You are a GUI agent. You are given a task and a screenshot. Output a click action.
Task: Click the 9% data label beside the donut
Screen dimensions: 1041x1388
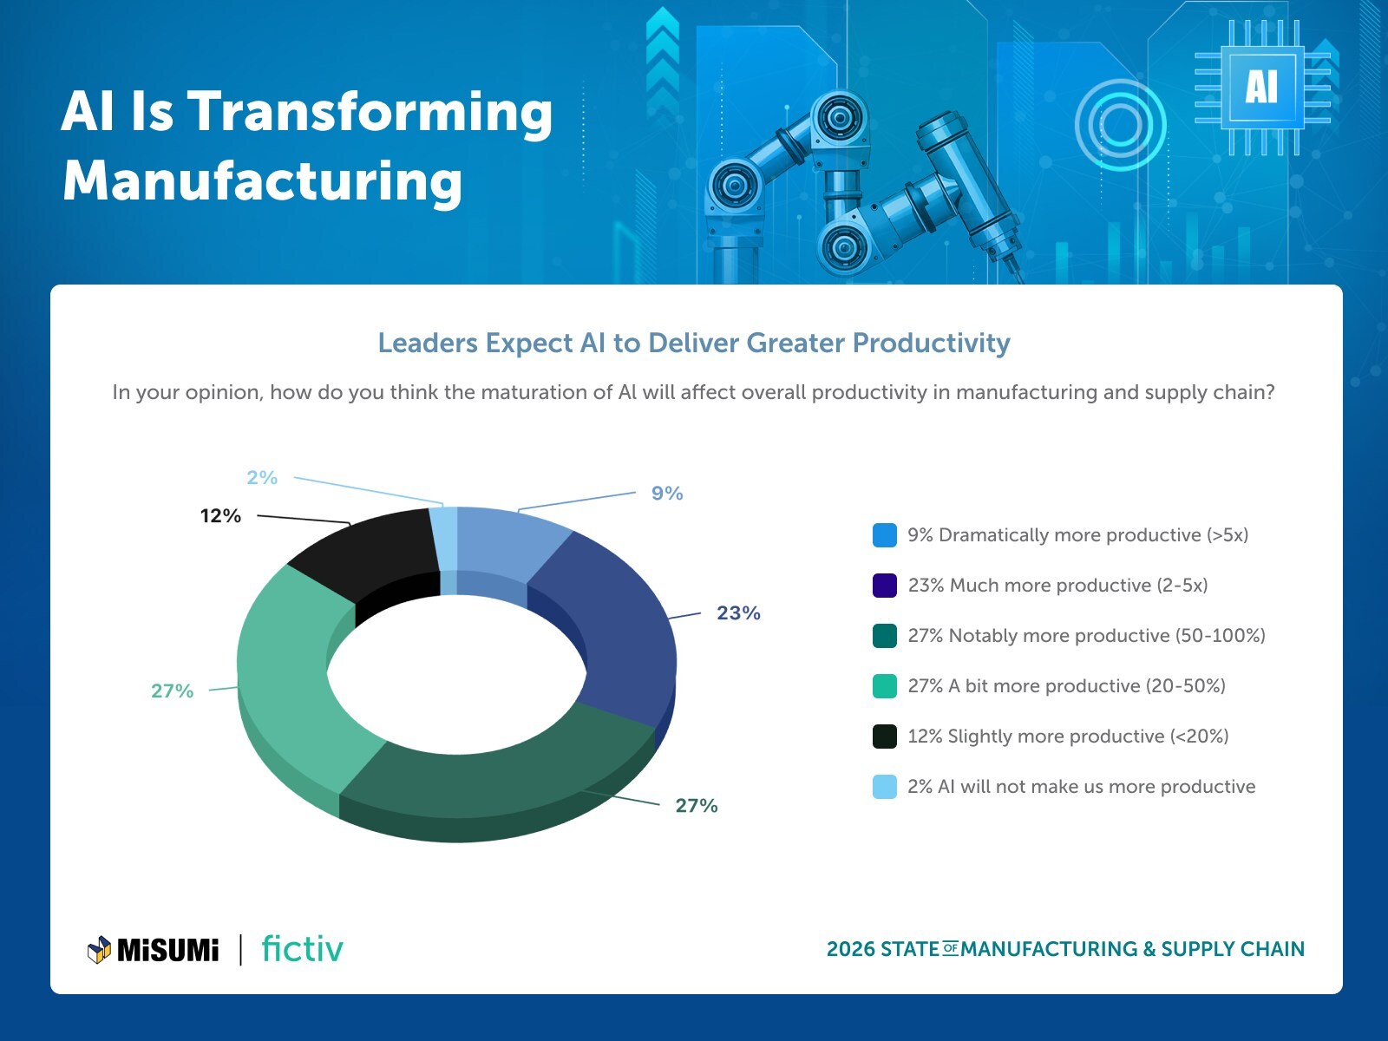click(667, 494)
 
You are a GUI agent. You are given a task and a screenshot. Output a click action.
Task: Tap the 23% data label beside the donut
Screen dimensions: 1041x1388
click(738, 613)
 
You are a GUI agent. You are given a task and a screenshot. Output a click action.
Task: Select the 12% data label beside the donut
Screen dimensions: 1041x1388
click(220, 516)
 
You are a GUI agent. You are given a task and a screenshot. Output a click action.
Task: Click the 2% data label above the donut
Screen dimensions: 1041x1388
click(261, 478)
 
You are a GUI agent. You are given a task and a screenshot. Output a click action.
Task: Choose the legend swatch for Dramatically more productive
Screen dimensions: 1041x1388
click(884, 535)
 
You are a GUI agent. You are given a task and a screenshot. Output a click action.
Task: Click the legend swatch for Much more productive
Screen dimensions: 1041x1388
click(884, 586)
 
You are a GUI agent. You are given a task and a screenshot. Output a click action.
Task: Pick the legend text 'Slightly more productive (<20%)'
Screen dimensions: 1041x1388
click(1088, 737)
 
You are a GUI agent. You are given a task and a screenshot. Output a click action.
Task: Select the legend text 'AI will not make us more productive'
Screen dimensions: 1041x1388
click(1097, 787)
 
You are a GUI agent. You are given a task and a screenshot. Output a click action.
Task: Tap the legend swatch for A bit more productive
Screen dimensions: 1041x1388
click(884, 686)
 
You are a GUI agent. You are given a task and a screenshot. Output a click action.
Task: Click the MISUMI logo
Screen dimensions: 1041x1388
click(154, 950)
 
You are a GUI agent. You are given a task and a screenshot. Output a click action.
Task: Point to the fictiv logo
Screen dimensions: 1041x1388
click(302, 949)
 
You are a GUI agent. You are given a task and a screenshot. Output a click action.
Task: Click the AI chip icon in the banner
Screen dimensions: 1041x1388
click(1262, 88)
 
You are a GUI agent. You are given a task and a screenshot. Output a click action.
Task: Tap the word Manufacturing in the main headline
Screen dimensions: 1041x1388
click(262, 181)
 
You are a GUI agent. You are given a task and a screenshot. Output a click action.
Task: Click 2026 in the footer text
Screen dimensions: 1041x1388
click(850, 949)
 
